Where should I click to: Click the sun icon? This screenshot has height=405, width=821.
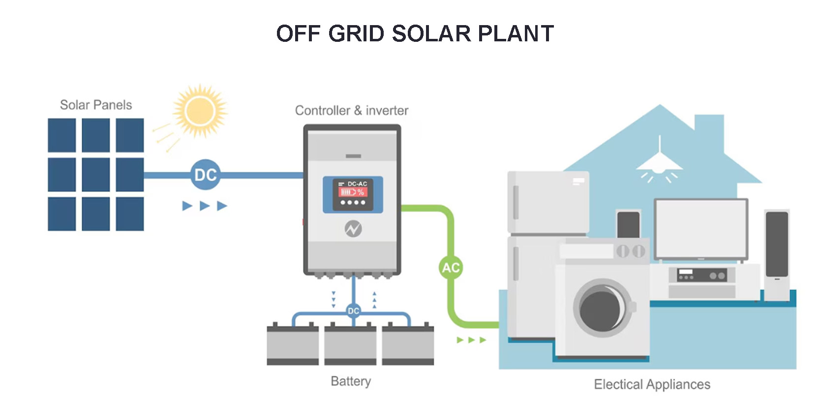tap(200, 111)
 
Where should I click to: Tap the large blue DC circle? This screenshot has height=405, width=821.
tap(206, 175)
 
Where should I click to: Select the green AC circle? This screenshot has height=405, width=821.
tap(451, 267)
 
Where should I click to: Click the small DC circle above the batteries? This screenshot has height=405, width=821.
tap(353, 311)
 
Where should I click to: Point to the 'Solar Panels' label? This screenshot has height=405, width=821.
tap(96, 105)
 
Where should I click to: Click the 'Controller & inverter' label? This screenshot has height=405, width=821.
tap(352, 110)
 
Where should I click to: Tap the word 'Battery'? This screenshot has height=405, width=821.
tap(351, 381)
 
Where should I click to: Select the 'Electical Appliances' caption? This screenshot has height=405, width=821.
tap(652, 384)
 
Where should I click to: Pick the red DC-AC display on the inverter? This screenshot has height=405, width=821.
tap(353, 192)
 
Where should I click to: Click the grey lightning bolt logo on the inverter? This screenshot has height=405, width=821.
tap(353, 229)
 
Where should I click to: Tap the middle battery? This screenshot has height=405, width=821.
tap(350, 344)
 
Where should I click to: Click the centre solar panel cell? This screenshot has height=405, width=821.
tap(95, 175)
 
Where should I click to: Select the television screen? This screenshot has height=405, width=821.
tap(701, 229)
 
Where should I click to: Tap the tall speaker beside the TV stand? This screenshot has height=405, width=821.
tap(777, 255)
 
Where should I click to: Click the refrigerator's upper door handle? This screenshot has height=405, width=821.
tap(516, 202)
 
